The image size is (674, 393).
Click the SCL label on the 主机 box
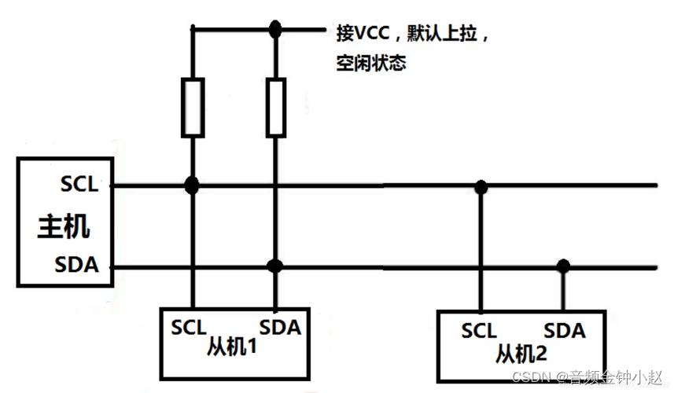(x=79, y=185)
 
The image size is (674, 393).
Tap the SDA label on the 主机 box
(x=77, y=265)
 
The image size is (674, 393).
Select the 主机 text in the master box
(x=64, y=226)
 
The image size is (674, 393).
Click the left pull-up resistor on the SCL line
(x=192, y=107)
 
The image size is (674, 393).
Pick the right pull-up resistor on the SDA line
(x=274, y=107)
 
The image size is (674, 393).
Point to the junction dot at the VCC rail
(x=274, y=31)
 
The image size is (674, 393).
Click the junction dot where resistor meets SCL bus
(x=191, y=185)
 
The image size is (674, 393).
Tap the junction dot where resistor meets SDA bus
(x=274, y=266)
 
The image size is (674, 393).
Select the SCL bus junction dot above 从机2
(x=481, y=186)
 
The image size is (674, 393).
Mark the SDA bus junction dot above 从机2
(x=563, y=266)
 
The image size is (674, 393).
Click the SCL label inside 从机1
(x=188, y=326)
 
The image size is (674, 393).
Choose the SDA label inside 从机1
(x=280, y=326)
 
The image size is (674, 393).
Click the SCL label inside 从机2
(x=479, y=331)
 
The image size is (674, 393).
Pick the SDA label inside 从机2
(x=565, y=331)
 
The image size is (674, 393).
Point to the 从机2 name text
(x=521, y=353)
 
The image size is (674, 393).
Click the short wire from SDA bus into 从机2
(x=563, y=288)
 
